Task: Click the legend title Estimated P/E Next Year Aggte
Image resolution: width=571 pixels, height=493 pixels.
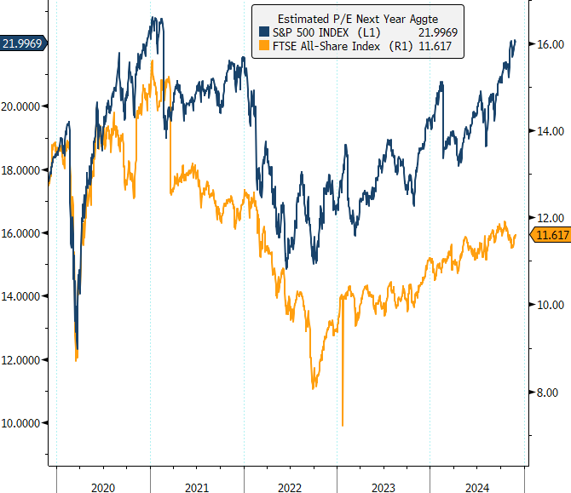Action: pyautogui.click(x=357, y=17)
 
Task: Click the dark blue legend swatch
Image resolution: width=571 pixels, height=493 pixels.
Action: pyautogui.click(x=262, y=32)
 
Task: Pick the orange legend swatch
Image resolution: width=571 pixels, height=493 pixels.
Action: pyautogui.click(x=262, y=45)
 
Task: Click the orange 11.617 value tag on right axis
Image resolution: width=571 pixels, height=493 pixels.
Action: pyautogui.click(x=548, y=235)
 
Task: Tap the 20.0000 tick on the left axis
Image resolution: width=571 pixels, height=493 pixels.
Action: pyautogui.click(x=24, y=106)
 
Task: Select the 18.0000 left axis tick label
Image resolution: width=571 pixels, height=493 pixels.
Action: pyautogui.click(x=24, y=169)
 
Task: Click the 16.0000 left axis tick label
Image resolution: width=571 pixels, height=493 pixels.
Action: pyautogui.click(x=24, y=232)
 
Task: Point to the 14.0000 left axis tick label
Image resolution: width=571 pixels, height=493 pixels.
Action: pyautogui.click(x=24, y=296)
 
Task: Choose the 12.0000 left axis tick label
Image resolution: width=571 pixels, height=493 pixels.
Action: pyautogui.click(x=24, y=359)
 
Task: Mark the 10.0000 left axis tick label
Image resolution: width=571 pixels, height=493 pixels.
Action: pyautogui.click(x=24, y=423)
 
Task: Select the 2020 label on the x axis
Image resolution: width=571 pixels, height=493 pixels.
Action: pyautogui.click(x=103, y=486)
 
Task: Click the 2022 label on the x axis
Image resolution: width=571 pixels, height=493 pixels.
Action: pyautogui.click(x=290, y=486)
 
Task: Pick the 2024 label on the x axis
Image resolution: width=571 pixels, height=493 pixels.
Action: pyautogui.click(x=476, y=486)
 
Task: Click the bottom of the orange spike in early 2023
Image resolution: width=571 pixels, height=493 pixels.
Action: pyautogui.click(x=343, y=425)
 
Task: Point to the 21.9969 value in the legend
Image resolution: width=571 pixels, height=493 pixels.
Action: pyautogui.click(x=438, y=32)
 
